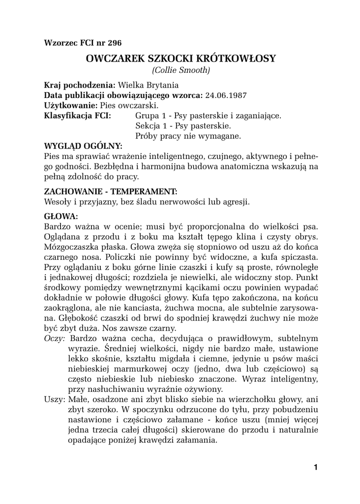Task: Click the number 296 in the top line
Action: click(114, 42)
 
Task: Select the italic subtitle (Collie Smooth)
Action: click(181, 70)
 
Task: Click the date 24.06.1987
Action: click(226, 95)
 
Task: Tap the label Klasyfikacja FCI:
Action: click(77, 116)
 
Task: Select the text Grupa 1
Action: click(150, 116)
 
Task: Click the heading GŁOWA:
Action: click(61, 216)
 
